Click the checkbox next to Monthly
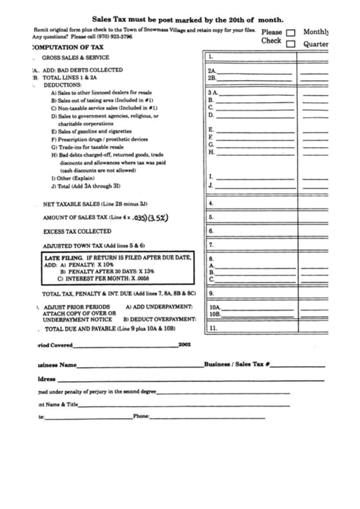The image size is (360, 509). click(x=291, y=33)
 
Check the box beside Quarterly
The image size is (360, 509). click(x=291, y=45)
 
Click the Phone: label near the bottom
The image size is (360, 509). click(x=141, y=417)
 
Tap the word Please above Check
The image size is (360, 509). click(x=271, y=32)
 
